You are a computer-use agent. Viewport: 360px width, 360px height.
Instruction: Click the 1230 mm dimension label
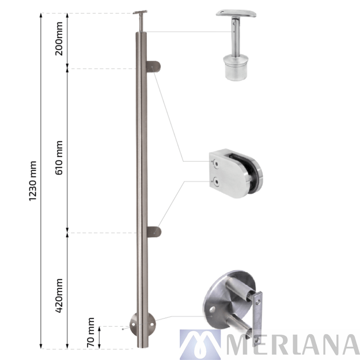(32, 180)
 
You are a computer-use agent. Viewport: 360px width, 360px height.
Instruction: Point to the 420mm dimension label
(59, 295)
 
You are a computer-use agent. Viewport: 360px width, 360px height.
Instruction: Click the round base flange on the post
(142, 326)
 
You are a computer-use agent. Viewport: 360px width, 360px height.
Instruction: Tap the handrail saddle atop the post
(141, 13)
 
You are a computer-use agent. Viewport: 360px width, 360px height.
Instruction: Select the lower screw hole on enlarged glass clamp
(215, 183)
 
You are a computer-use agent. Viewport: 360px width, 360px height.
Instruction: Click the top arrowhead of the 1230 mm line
(40, 14)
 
